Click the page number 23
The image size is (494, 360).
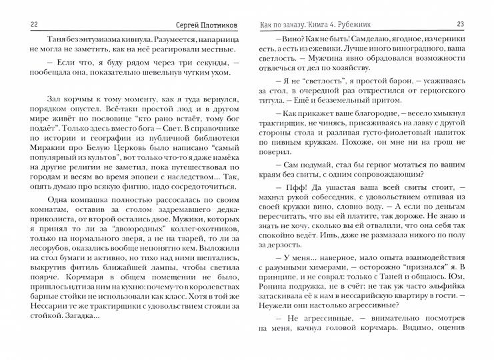pos(478,25)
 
